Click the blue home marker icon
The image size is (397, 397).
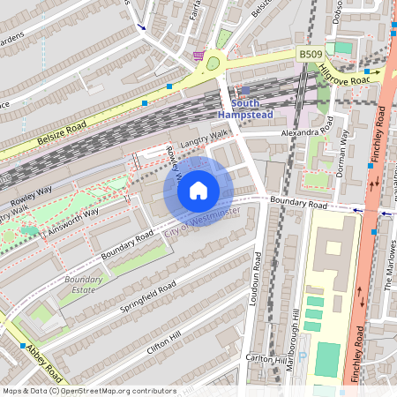[198, 191]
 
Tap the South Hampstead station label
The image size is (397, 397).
[244, 109]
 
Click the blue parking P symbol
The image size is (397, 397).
[302, 356]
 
